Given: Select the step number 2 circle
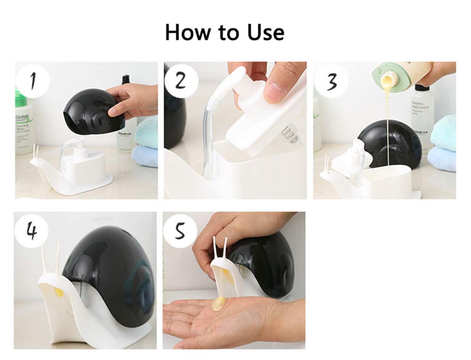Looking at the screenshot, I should [181, 81].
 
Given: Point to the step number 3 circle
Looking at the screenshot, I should [331, 81].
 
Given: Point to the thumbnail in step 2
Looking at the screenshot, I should [275, 92].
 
